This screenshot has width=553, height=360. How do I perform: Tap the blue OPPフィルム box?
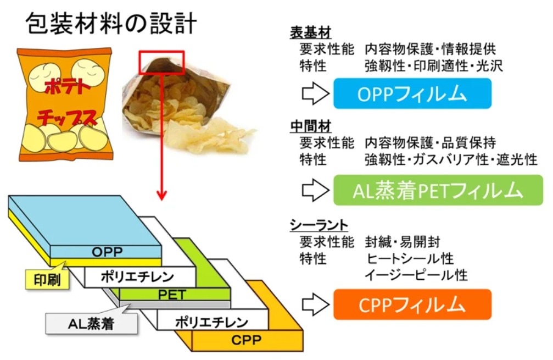[x=412, y=93]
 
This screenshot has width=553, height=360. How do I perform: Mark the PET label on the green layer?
[x=171, y=295]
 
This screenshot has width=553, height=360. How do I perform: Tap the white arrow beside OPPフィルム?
[x=315, y=93]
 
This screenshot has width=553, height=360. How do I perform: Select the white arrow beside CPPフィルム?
[x=315, y=304]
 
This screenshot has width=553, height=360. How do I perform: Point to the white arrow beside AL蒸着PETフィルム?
[x=315, y=190]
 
